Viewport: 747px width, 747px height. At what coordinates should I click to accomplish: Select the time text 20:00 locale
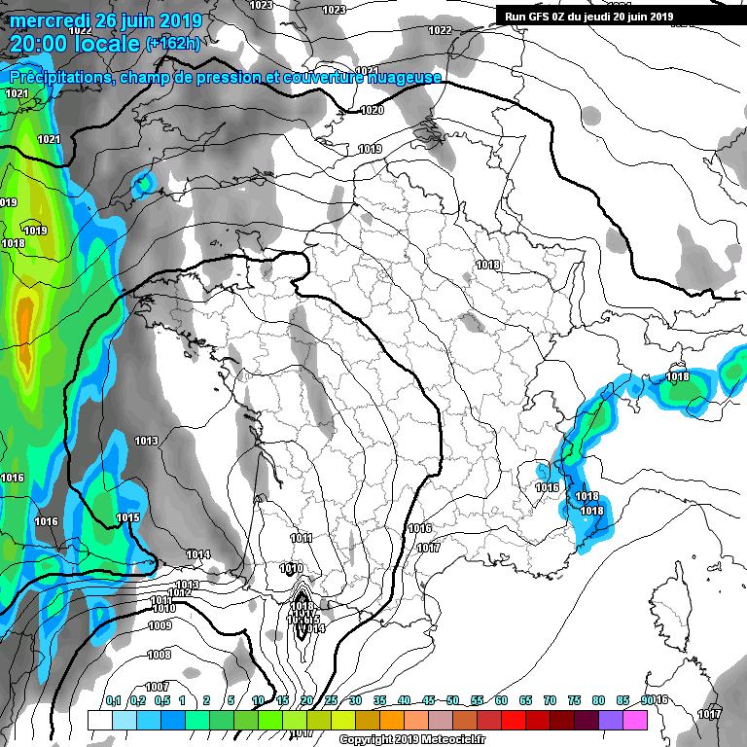point(75,44)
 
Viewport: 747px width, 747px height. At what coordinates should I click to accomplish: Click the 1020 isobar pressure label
point(372,110)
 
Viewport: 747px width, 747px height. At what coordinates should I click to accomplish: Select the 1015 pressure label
point(127,517)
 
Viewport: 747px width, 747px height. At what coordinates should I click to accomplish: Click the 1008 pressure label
point(159,655)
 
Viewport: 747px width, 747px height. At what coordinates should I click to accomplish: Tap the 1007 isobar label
point(157,687)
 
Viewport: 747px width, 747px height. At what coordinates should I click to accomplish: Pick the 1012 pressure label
point(179,592)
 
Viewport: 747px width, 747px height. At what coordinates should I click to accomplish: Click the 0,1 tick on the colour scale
point(113,699)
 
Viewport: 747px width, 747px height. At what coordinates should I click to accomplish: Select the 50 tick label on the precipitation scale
point(453,699)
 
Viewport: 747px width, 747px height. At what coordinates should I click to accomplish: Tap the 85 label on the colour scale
point(623,699)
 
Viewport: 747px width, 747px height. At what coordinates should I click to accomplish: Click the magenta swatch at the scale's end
point(635,720)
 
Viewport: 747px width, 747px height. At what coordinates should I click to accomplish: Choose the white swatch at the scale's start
point(99,720)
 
